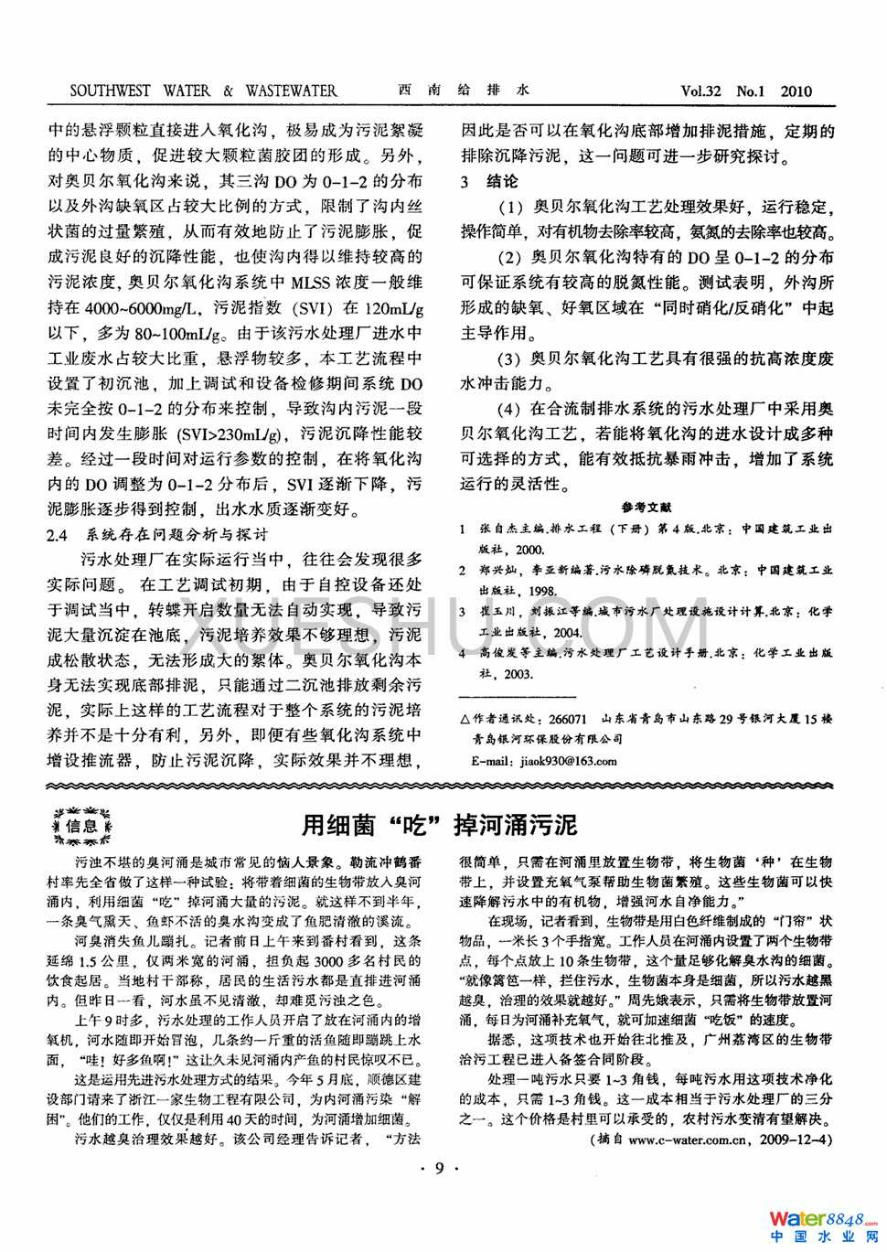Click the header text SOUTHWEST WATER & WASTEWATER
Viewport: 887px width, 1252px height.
point(203,91)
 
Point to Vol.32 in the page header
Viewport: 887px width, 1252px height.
point(700,91)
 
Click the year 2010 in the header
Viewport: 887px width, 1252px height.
point(796,91)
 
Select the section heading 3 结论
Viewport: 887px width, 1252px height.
point(490,181)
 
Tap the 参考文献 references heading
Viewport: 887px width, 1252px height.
point(647,508)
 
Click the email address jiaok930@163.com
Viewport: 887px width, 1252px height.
point(569,760)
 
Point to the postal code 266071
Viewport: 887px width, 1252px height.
point(568,719)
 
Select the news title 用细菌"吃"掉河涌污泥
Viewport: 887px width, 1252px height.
point(440,825)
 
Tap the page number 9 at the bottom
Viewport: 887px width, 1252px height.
point(439,1168)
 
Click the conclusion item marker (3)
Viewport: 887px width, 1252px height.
point(508,358)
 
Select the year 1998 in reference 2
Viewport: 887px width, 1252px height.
point(543,591)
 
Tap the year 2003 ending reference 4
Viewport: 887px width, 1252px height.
point(518,673)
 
